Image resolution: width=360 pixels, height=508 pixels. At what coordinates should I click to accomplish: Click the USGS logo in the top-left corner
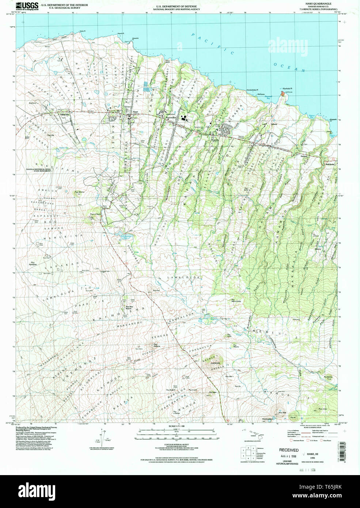pyautogui.click(x=28, y=6)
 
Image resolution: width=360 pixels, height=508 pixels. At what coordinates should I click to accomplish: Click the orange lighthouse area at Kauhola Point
pyautogui.click(x=282, y=94)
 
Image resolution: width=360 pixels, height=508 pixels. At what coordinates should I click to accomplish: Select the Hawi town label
pyautogui.click(x=136, y=111)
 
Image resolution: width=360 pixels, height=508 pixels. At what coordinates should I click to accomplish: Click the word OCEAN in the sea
pyautogui.click(x=289, y=67)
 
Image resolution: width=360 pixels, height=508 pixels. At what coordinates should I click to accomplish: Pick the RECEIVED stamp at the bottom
pyautogui.click(x=289, y=450)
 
